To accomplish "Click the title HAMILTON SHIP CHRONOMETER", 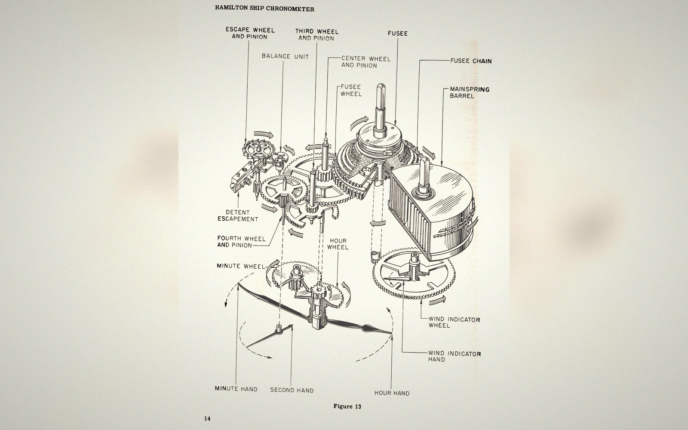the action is [x=264, y=9].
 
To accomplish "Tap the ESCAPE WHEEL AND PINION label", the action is [x=250, y=34].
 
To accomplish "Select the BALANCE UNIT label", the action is [x=285, y=56].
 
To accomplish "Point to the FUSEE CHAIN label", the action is [x=471, y=61].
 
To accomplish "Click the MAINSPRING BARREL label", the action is [x=470, y=92].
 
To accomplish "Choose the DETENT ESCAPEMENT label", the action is [x=238, y=215].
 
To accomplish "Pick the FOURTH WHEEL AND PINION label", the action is [x=241, y=242].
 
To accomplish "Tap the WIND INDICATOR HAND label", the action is [x=455, y=356].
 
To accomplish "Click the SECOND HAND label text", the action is [x=292, y=390].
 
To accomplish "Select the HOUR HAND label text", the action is [x=392, y=393].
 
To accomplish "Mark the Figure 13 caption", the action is [x=347, y=406].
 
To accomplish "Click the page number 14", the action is [x=207, y=418].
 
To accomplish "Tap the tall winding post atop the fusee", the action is [x=380, y=109].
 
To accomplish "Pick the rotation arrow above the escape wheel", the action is [x=264, y=134].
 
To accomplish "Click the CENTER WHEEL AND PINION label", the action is [x=366, y=62].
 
